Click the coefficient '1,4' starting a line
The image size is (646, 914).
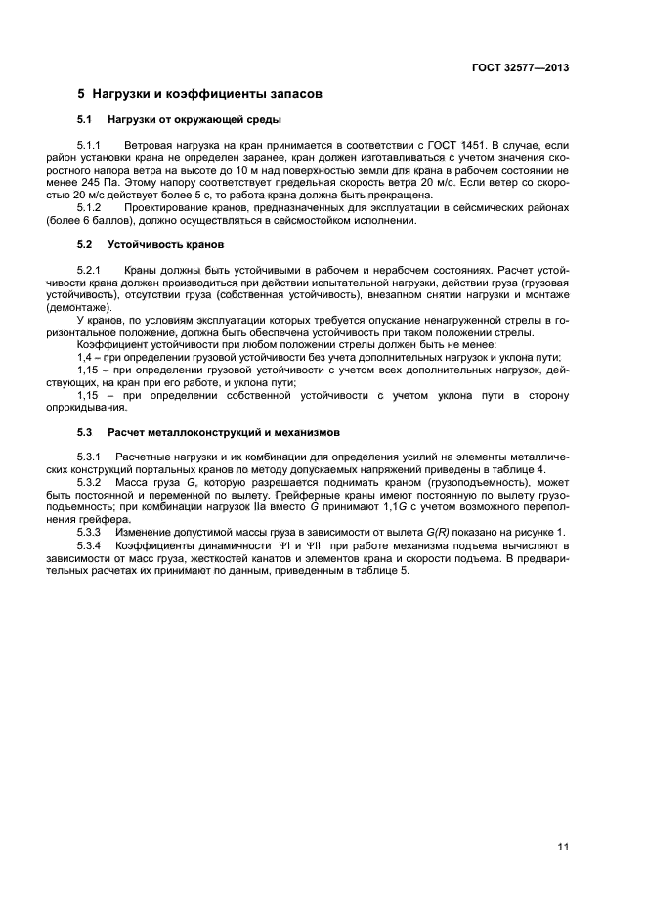84,357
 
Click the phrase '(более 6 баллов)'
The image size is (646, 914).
117,220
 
